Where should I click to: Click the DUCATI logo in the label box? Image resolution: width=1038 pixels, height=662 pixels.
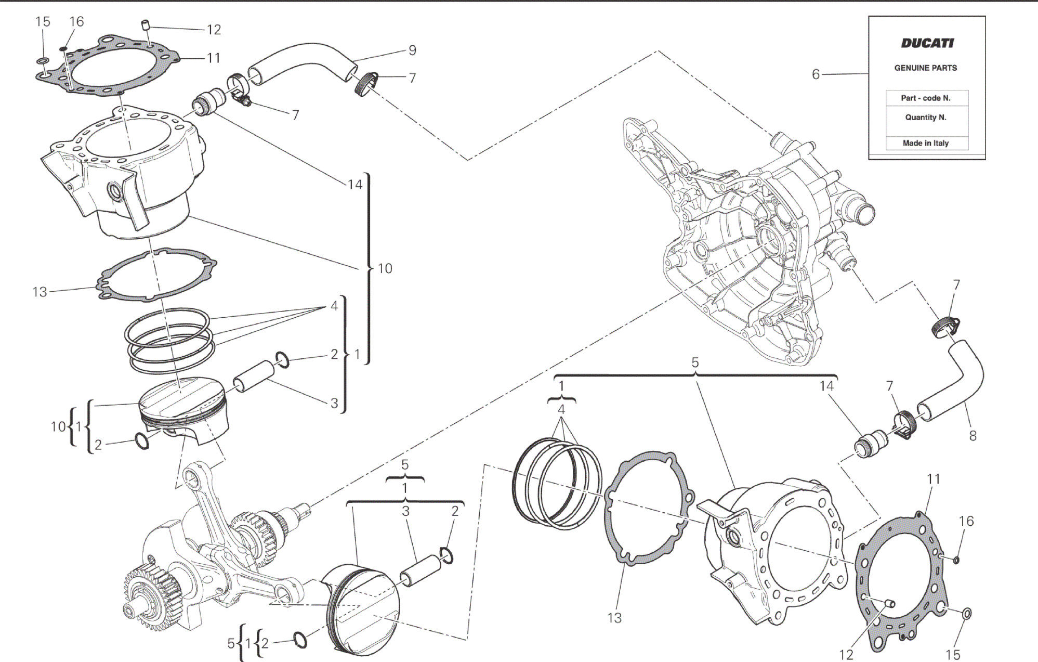tap(927, 43)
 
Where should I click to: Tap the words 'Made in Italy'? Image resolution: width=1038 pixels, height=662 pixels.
tap(926, 143)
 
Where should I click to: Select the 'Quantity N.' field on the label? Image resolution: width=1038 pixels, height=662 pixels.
tap(926, 118)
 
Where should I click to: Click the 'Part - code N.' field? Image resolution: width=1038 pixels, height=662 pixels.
tap(926, 98)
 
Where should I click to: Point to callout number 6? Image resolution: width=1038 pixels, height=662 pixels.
tap(816, 75)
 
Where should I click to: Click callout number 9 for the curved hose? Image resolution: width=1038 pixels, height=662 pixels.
tap(412, 50)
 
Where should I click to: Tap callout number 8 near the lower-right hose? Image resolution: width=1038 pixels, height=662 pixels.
tap(973, 436)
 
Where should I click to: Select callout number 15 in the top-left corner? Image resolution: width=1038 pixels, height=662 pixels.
tap(43, 22)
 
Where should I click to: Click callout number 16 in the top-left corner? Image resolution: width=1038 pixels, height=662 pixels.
tap(76, 21)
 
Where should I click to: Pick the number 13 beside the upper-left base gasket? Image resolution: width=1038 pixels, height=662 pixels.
tap(40, 292)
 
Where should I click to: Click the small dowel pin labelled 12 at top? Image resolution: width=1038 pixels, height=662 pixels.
tap(146, 25)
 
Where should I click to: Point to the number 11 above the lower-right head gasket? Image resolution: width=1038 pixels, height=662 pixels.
tap(934, 479)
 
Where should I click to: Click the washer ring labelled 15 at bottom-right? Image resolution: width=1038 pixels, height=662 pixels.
tap(967, 614)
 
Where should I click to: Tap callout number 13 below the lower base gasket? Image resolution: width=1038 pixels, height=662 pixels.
tap(614, 618)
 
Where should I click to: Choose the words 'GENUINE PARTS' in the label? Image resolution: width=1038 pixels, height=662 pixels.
tap(926, 68)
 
